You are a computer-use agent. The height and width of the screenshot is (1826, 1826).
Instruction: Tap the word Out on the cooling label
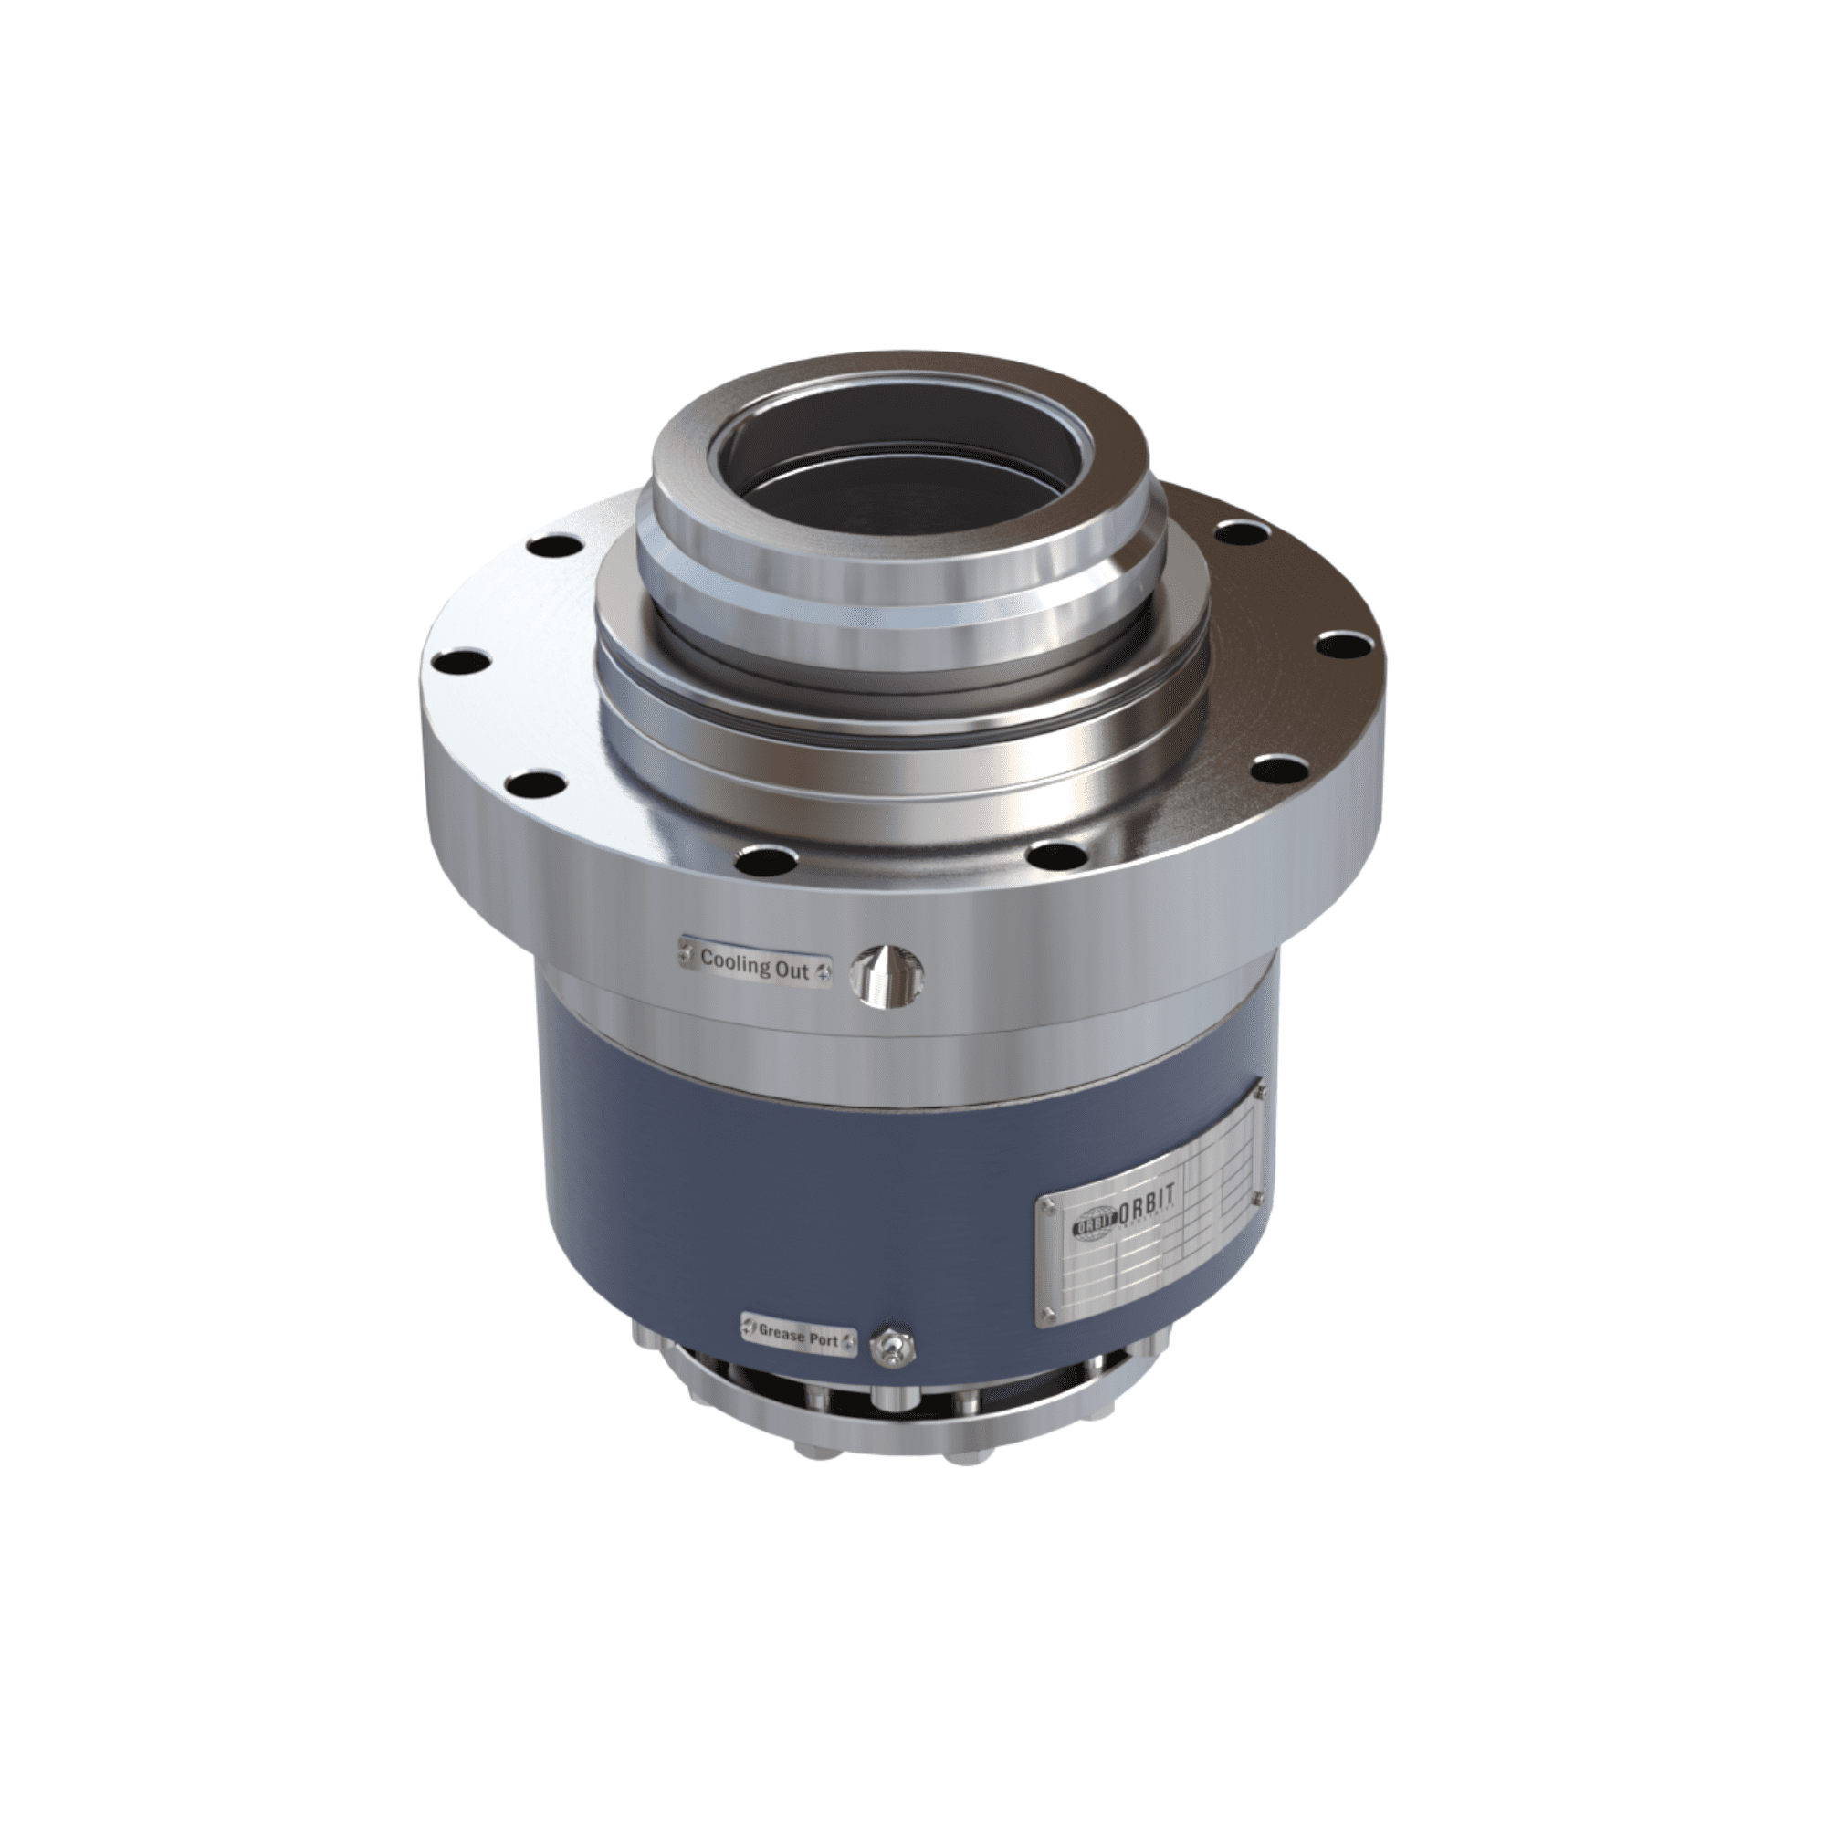tap(792, 970)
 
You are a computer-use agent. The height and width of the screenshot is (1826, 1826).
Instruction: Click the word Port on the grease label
tap(827, 1339)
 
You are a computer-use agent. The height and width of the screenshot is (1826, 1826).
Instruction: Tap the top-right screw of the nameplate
tap(1260, 1093)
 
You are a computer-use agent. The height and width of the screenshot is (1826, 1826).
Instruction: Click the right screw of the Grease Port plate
tap(849, 1341)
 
